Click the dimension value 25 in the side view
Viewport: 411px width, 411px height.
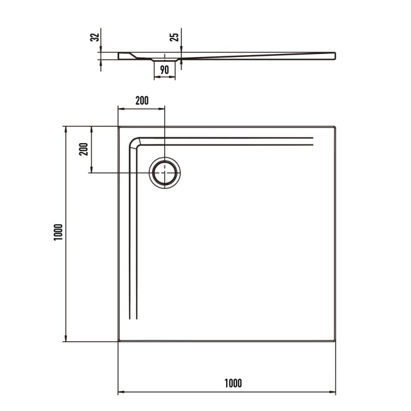(174, 37)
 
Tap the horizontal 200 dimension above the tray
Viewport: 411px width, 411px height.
(142, 100)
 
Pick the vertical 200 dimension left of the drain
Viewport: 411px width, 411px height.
(83, 149)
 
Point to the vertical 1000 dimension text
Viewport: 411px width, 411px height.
(57, 233)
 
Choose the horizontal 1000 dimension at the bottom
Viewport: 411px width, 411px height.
(233, 383)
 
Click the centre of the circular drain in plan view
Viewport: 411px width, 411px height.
(165, 173)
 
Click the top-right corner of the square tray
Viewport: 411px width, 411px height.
(335, 126)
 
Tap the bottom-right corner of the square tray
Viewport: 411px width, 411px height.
(335, 341)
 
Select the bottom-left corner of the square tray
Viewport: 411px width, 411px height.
(119, 341)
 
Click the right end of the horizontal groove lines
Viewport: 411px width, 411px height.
(313, 141)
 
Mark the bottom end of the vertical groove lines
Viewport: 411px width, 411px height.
(133, 319)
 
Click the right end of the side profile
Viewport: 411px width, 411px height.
(335, 55)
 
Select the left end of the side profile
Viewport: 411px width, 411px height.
(119, 56)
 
